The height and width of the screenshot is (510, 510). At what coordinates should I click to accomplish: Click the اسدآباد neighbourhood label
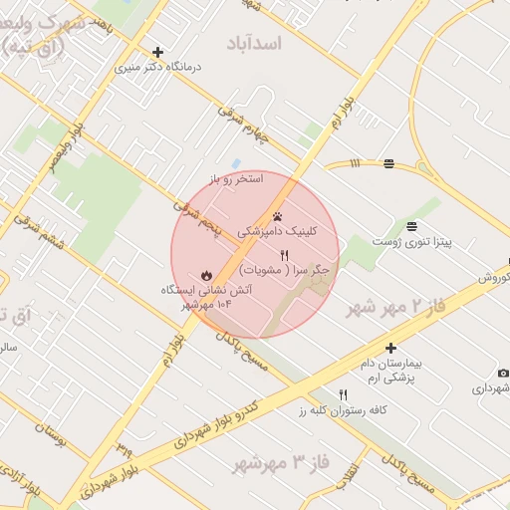[x=255, y=43]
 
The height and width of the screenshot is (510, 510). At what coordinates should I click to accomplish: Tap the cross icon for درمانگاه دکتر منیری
[x=157, y=52]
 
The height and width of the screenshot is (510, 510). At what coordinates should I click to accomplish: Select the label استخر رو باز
[x=236, y=179]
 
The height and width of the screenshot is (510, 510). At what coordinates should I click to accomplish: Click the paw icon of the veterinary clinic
[x=278, y=214]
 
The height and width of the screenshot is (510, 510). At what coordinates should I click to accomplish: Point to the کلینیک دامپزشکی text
[x=278, y=230]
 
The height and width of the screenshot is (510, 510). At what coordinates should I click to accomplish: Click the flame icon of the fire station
[x=205, y=274]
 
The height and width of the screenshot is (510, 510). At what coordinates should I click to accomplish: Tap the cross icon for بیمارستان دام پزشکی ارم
[x=391, y=349]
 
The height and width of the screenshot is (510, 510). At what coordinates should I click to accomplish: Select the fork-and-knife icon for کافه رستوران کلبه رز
[x=344, y=394]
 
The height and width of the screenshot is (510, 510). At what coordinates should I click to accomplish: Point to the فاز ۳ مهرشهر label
[x=281, y=463]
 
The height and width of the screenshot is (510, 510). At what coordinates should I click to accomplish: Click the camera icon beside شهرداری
[x=502, y=373]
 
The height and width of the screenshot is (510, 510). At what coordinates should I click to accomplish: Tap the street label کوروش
[x=493, y=277]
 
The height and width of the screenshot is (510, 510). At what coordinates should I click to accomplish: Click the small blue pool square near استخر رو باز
[x=236, y=163]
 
